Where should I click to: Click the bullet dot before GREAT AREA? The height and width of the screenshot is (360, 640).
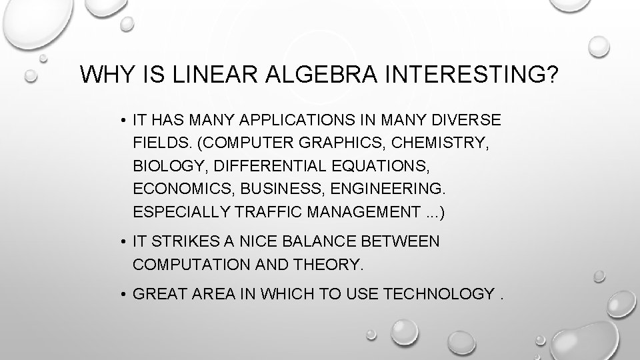tap(124, 294)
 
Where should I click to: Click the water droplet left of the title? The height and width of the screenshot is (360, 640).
tap(30, 77)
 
